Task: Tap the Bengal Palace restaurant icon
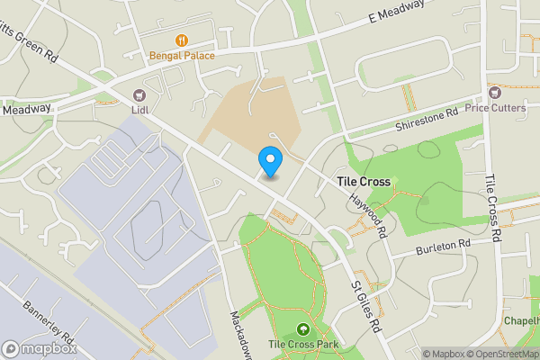pyautogui.click(x=182, y=40)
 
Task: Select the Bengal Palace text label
pyautogui.click(x=182, y=56)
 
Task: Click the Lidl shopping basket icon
pyautogui.click(x=139, y=94)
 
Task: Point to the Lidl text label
pyautogui.click(x=139, y=110)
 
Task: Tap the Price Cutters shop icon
pyautogui.click(x=493, y=93)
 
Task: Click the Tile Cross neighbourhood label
pyautogui.click(x=364, y=182)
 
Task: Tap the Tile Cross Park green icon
pyautogui.click(x=301, y=330)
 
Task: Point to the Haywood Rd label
pyautogui.click(x=368, y=218)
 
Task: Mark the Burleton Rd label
pyautogui.click(x=443, y=245)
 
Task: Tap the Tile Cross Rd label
pyautogui.click(x=492, y=207)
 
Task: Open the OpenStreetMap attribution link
pyautogui.click(x=499, y=354)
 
